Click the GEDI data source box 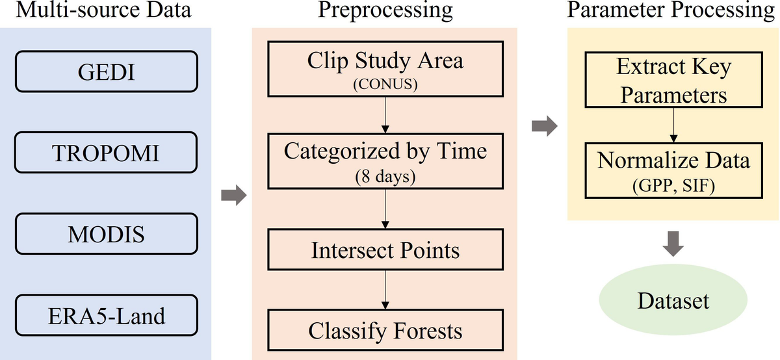pos(105,71)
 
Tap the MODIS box pos(105,234)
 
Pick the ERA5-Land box pos(105,316)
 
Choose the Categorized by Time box pos(385,161)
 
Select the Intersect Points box pos(385,250)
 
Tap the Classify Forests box pos(385,330)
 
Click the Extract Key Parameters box pos(674,81)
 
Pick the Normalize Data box pos(674,170)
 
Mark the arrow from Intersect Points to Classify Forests pos(386,290)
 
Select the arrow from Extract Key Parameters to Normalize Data pos(674,125)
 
